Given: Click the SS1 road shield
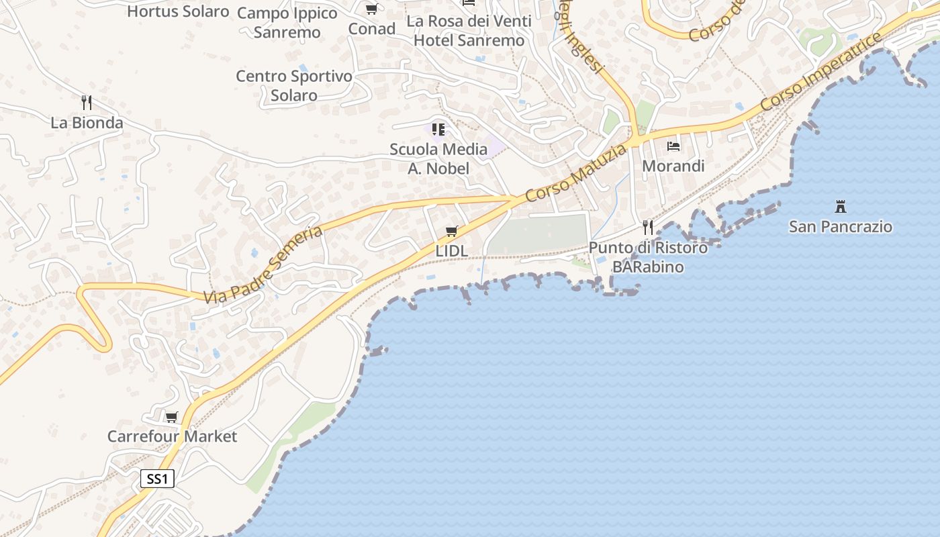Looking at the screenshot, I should [157, 479].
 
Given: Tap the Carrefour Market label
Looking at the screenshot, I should [172, 436].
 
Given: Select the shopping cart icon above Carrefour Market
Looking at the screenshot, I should [171, 417].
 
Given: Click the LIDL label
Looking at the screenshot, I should [451, 250].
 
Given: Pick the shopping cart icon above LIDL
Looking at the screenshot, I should [451, 232].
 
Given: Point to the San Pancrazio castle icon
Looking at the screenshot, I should [840, 206].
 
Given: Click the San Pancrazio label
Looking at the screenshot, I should [840, 226].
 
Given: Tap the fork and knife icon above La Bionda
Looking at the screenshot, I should [86, 103].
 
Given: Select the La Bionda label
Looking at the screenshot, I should [87, 123].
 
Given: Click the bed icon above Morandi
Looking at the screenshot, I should [673, 146].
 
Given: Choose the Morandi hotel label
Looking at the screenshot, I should [673, 166].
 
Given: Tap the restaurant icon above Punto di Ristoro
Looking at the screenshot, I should [647, 228].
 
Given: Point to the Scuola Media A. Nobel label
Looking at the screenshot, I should [438, 158].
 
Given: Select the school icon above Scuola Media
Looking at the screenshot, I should [438, 129].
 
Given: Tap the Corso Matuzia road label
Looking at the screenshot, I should [577, 173].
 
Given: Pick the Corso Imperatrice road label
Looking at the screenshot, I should [820, 72].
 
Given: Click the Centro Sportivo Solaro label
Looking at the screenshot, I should [294, 85].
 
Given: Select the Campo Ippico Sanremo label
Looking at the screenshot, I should [287, 22].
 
